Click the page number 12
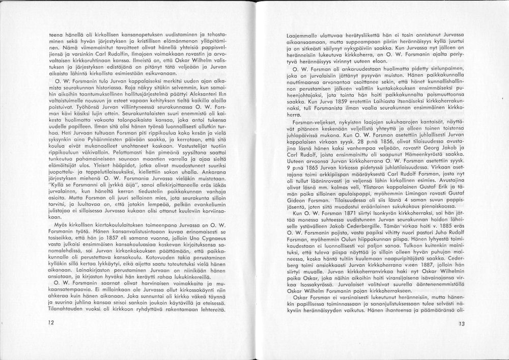(x=50, y=322)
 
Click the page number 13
(x=461, y=323)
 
